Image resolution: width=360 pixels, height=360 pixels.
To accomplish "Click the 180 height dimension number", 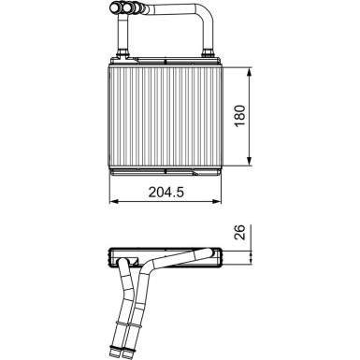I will click(x=240, y=120).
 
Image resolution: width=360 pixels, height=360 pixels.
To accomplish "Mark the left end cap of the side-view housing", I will click(x=113, y=258).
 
